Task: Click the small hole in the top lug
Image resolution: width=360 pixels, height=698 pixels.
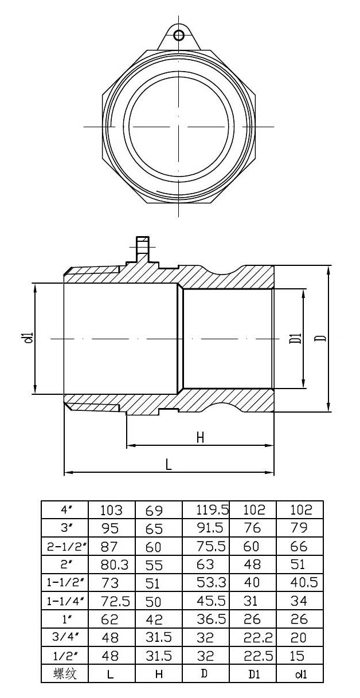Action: [179, 36]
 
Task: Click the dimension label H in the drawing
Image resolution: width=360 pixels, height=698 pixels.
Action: [200, 437]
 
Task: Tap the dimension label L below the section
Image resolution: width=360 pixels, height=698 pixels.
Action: [169, 465]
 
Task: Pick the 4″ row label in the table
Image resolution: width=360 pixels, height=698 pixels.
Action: [66, 509]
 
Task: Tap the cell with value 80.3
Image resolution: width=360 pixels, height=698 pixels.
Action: [115, 565]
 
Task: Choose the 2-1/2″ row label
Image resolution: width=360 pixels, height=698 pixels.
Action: [66, 546]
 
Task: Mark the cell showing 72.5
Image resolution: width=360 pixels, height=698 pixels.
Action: [115, 601]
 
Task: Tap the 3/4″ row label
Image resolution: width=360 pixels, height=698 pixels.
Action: [66, 637]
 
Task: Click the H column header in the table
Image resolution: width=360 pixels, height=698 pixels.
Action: [159, 674]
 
